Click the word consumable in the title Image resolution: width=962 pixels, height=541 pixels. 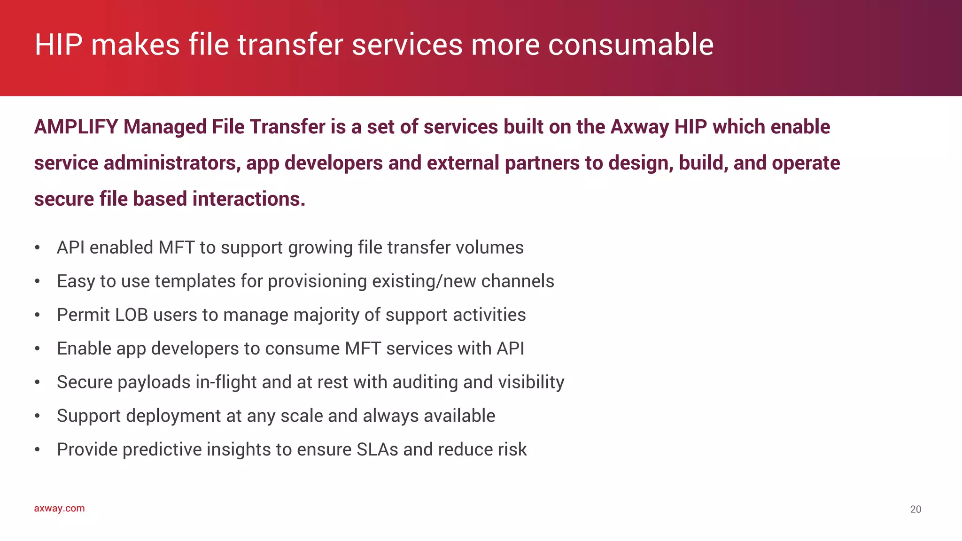(x=630, y=45)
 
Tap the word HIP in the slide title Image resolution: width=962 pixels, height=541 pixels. (x=58, y=45)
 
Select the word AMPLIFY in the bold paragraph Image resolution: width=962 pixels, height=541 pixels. (x=76, y=127)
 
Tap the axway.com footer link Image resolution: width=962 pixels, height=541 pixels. (x=59, y=508)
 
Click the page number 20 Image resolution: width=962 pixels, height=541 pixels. (x=915, y=509)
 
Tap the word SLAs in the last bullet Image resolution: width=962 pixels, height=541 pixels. (x=377, y=449)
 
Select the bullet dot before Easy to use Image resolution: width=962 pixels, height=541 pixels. (x=37, y=282)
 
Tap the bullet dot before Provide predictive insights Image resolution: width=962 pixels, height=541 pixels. (x=37, y=450)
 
